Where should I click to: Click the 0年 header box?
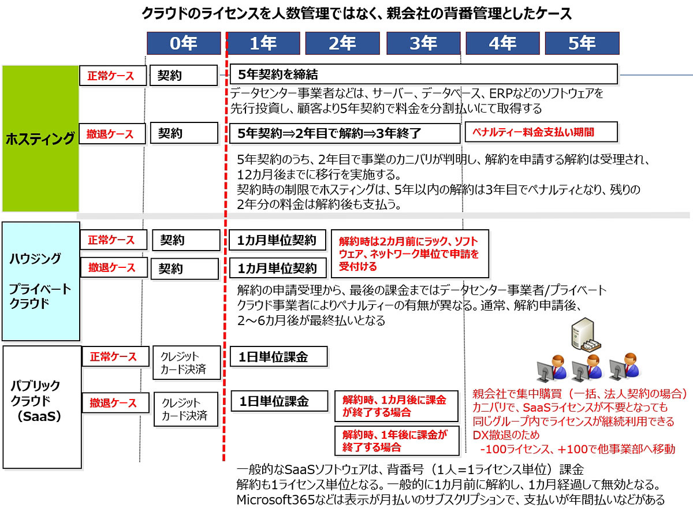coord(184,43)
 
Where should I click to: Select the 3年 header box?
coord(423,43)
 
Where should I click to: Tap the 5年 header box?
coord(582,43)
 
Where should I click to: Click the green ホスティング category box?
coord(40,139)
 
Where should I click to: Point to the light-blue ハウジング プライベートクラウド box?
coord(40,281)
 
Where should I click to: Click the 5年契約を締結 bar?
coord(423,74)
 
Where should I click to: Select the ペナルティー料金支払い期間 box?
coord(541,132)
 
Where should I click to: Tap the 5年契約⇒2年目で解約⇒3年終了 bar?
coord(344,133)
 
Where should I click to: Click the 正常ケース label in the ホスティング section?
coord(113,76)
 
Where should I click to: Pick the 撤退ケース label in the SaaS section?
coord(113,402)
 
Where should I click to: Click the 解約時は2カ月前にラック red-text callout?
coord(409,253)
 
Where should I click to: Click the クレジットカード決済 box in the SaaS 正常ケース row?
coord(187,363)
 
